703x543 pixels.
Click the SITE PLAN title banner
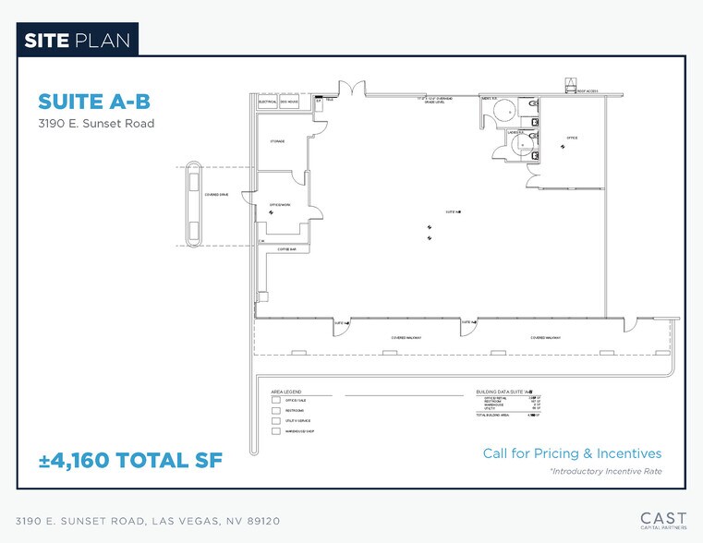78,40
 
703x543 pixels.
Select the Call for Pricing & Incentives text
572,453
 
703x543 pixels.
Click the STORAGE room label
277,141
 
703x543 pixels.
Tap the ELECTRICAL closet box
267,102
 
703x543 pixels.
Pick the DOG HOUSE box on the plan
289,102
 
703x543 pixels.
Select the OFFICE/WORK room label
280,204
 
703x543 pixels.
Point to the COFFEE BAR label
285,249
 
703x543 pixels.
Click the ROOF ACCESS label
588,91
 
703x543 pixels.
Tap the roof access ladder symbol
571,87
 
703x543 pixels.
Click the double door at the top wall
352,89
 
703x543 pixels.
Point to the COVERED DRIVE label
216,195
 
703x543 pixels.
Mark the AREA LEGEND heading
286,392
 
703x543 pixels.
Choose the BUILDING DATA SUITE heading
504,392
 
